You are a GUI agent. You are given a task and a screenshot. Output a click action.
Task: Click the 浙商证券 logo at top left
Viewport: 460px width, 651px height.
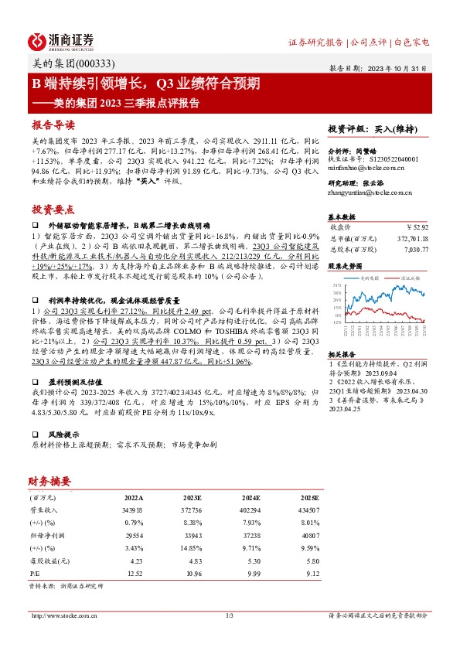(62, 41)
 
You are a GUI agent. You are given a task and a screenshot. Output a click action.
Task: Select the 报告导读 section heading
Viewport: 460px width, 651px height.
(53, 124)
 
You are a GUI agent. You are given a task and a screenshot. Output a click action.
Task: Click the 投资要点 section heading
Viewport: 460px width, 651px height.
(53, 209)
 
